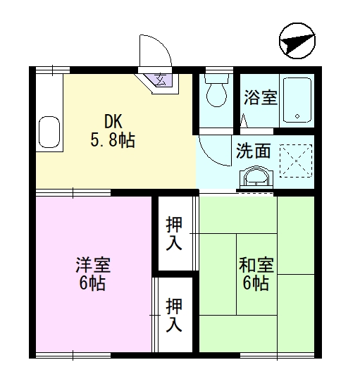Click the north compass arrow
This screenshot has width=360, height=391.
(x=295, y=42)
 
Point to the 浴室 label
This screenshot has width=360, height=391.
(x=260, y=97)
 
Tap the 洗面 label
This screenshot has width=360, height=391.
(x=253, y=150)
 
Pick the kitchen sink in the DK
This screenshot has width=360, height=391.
(x=49, y=130)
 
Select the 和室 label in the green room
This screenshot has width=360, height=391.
(x=256, y=266)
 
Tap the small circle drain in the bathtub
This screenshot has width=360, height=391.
(x=297, y=116)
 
